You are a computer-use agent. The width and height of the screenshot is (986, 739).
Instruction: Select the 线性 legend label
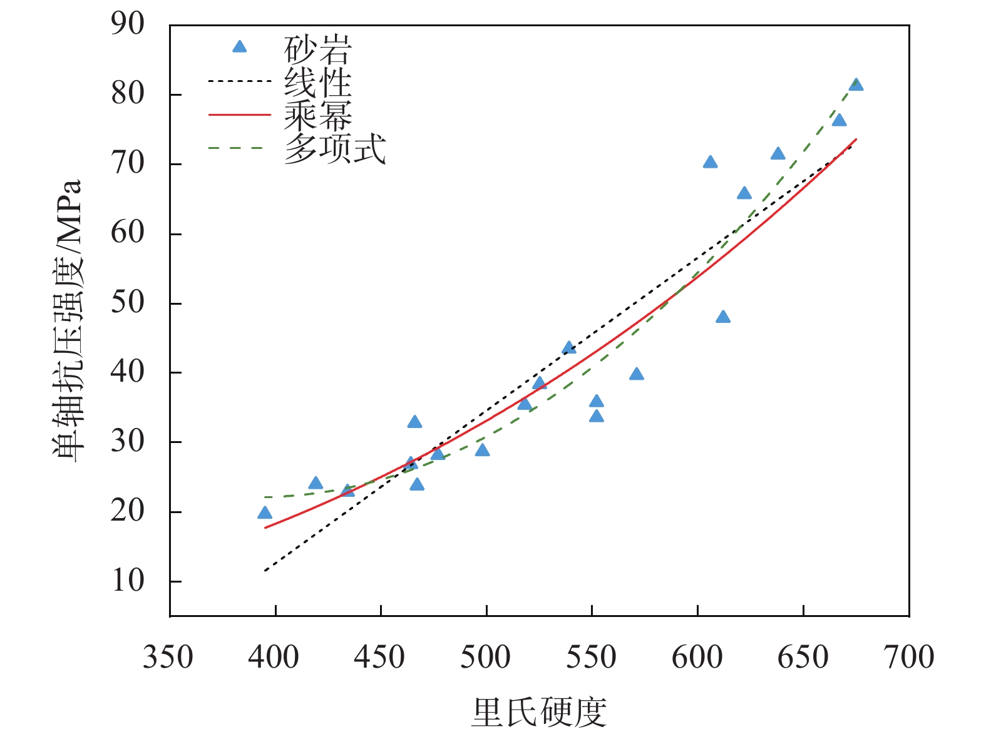click(x=317, y=83)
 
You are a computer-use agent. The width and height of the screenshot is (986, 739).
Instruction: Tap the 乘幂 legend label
click(x=317, y=115)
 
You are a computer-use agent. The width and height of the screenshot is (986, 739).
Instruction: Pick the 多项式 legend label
click(x=334, y=149)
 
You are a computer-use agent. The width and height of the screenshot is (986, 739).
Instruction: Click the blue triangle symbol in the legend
click(x=239, y=47)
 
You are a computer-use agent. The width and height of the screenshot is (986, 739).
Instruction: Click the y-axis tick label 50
click(x=128, y=303)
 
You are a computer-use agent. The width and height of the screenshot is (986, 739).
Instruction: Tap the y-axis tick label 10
click(x=128, y=581)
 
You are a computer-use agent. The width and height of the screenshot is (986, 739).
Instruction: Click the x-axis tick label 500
click(x=486, y=658)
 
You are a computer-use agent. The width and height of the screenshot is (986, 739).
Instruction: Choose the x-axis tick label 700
click(x=908, y=658)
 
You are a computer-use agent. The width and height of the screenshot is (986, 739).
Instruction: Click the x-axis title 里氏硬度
click(x=539, y=712)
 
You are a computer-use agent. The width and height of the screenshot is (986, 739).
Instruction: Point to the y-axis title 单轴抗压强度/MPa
click(x=67, y=320)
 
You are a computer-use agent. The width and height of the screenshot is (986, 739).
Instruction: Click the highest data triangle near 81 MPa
click(x=856, y=85)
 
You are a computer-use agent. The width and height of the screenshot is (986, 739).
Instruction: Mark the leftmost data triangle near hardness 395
click(x=265, y=513)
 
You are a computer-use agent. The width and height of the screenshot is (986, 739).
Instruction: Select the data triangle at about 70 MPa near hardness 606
click(x=710, y=163)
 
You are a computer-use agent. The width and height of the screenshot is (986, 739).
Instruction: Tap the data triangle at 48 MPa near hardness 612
click(x=723, y=317)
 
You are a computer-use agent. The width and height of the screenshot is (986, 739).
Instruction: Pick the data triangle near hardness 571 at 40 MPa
click(x=637, y=374)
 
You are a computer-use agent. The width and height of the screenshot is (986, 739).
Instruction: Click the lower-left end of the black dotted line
click(x=266, y=570)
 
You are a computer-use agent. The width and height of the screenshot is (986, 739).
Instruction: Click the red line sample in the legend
click(x=239, y=115)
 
